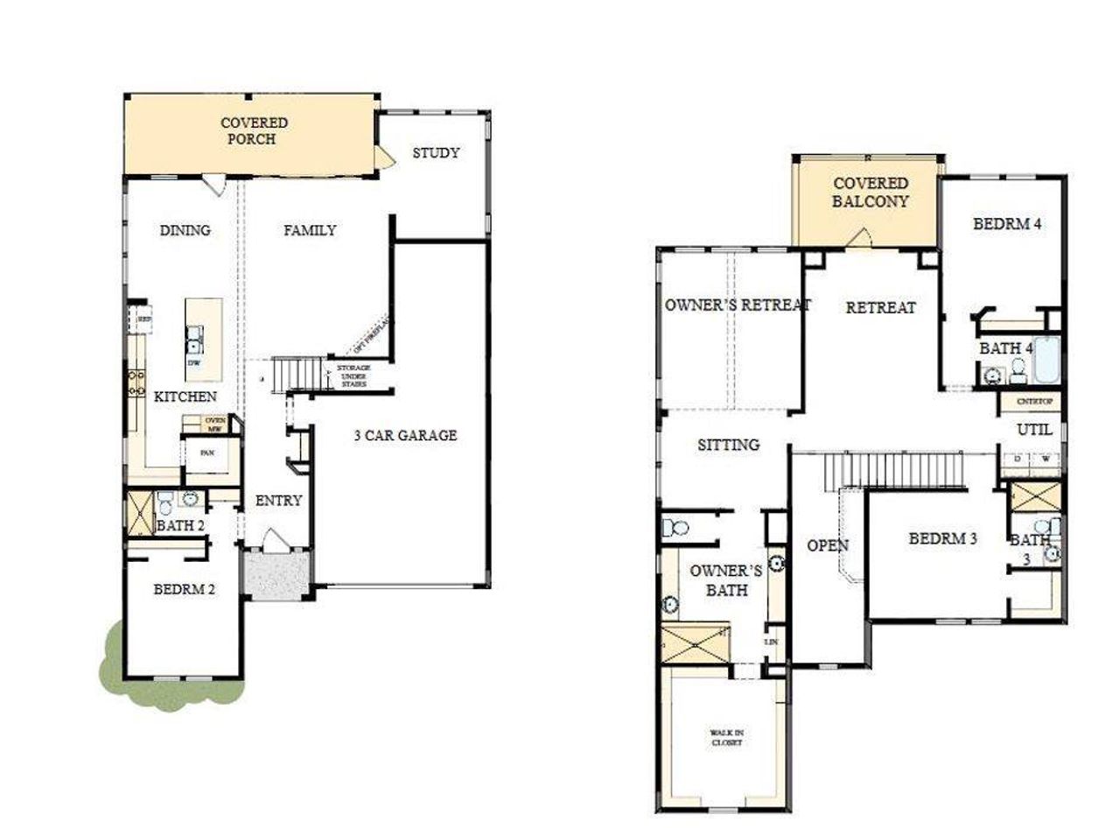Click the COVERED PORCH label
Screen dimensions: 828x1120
coord(253,131)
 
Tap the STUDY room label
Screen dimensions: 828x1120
coord(436,153)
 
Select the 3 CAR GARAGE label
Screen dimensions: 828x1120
coord(405,435)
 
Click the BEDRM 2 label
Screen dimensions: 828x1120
coord(184,589)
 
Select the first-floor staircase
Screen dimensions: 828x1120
coord(293,374)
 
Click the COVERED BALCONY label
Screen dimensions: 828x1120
coord(870,193)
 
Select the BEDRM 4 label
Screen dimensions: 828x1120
coord(1006,224)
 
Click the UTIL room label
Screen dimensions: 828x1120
coord(1034,431)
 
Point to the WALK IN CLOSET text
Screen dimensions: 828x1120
coord(726,737)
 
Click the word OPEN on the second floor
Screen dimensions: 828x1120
coord(827,546)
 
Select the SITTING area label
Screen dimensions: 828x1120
coord(728,445)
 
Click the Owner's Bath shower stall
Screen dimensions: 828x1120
coord(695,645)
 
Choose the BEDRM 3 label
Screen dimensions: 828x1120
coord(942,538)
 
